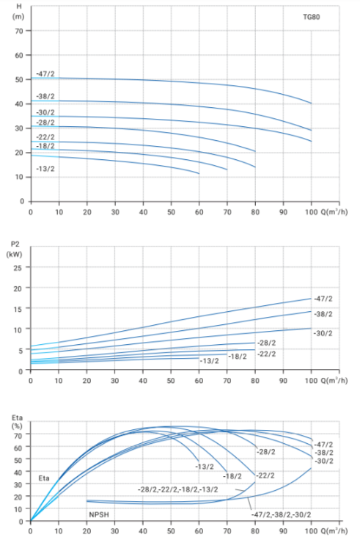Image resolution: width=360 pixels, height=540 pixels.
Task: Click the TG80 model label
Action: [x=311, y=17]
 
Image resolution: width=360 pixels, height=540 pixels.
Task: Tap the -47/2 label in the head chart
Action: [x=45, y=74]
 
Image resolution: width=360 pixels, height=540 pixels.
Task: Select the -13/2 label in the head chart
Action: [x=45, y=169]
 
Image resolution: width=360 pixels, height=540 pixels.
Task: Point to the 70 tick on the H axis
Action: [x=19, y=31]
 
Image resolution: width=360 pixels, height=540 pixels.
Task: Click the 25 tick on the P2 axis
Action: [x=18, y=268]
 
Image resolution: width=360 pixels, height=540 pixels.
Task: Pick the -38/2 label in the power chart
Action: [x=323, y=314]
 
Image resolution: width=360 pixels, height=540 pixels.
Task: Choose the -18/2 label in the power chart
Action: [x=238, y=357]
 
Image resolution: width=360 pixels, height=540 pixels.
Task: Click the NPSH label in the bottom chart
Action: [x=99, y=514]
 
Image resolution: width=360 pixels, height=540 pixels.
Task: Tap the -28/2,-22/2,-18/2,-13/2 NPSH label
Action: [x=177, y=489]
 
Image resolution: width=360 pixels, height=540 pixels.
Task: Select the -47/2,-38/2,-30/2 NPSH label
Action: [x=282, y=514]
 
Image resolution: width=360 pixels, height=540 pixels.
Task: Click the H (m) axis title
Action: [x=18, y=11]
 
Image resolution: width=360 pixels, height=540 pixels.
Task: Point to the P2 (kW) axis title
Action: [x=15, y=249]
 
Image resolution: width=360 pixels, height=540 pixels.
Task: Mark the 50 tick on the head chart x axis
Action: [x=171, y=212]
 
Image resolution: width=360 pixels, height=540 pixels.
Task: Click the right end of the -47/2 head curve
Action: [x=312, y=103]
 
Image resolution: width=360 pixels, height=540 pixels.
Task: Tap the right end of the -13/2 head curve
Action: [x=199, y=173]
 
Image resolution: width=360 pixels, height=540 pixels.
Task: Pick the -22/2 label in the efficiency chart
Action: [x=265, y=475]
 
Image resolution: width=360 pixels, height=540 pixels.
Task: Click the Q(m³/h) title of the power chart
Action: [x=334, y=380]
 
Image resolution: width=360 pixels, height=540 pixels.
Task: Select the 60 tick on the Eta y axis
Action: [x=18, y=448]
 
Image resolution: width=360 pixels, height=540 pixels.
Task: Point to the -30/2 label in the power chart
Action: [x=323, y=333]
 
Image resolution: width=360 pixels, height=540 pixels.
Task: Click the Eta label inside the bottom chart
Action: [x=44, y=478]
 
